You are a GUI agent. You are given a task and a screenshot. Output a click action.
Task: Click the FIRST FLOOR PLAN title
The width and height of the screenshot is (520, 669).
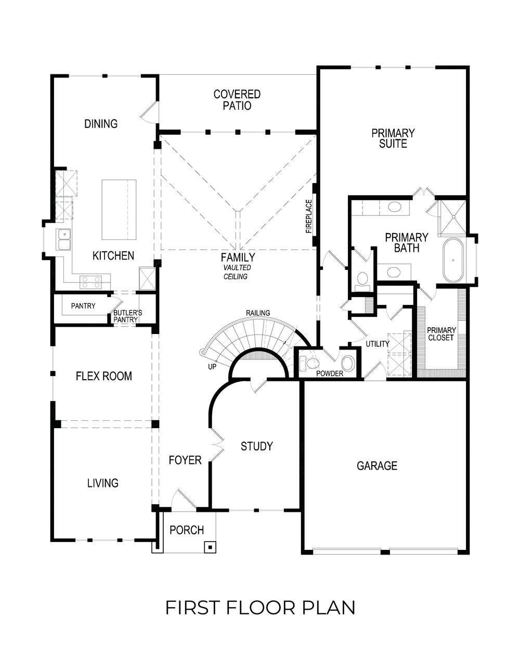click(260, 607)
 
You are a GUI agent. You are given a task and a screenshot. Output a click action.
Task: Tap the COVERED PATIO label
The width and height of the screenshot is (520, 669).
click(237, 100)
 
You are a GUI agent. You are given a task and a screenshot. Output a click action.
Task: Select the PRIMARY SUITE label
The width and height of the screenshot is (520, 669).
click(393, 138)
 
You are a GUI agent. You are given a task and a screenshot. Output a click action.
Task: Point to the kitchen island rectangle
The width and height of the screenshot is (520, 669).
click(119, 210)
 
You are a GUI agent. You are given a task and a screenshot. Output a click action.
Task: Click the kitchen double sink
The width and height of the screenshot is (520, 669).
click(64, 240)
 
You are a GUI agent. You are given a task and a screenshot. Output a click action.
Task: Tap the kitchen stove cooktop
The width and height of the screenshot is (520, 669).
click(90, 282)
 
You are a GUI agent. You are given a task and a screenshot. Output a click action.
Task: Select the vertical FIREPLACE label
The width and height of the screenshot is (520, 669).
click(309, 216)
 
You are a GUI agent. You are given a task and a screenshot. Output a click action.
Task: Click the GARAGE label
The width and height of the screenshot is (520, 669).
click(377, 466)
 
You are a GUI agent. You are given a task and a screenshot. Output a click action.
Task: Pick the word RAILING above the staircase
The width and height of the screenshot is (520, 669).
click(258, 313)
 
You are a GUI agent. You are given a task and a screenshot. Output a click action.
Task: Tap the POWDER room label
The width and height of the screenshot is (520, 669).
click(329, 374)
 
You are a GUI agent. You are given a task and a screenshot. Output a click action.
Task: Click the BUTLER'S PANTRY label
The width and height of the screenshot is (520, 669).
click(127, 316)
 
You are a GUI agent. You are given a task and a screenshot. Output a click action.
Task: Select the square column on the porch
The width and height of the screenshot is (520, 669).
click(210, 547)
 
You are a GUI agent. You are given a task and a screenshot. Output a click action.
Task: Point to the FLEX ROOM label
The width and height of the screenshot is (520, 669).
click(104, 376)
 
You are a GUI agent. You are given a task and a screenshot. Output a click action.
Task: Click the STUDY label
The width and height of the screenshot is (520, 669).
click(256, 446)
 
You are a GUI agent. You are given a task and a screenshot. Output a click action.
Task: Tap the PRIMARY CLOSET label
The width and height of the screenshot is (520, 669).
click(441, 334)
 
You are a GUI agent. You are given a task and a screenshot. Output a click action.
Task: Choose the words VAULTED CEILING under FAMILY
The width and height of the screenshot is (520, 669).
click(237, 272)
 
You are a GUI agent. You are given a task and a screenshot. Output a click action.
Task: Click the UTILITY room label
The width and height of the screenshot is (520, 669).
click(377, 344)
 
